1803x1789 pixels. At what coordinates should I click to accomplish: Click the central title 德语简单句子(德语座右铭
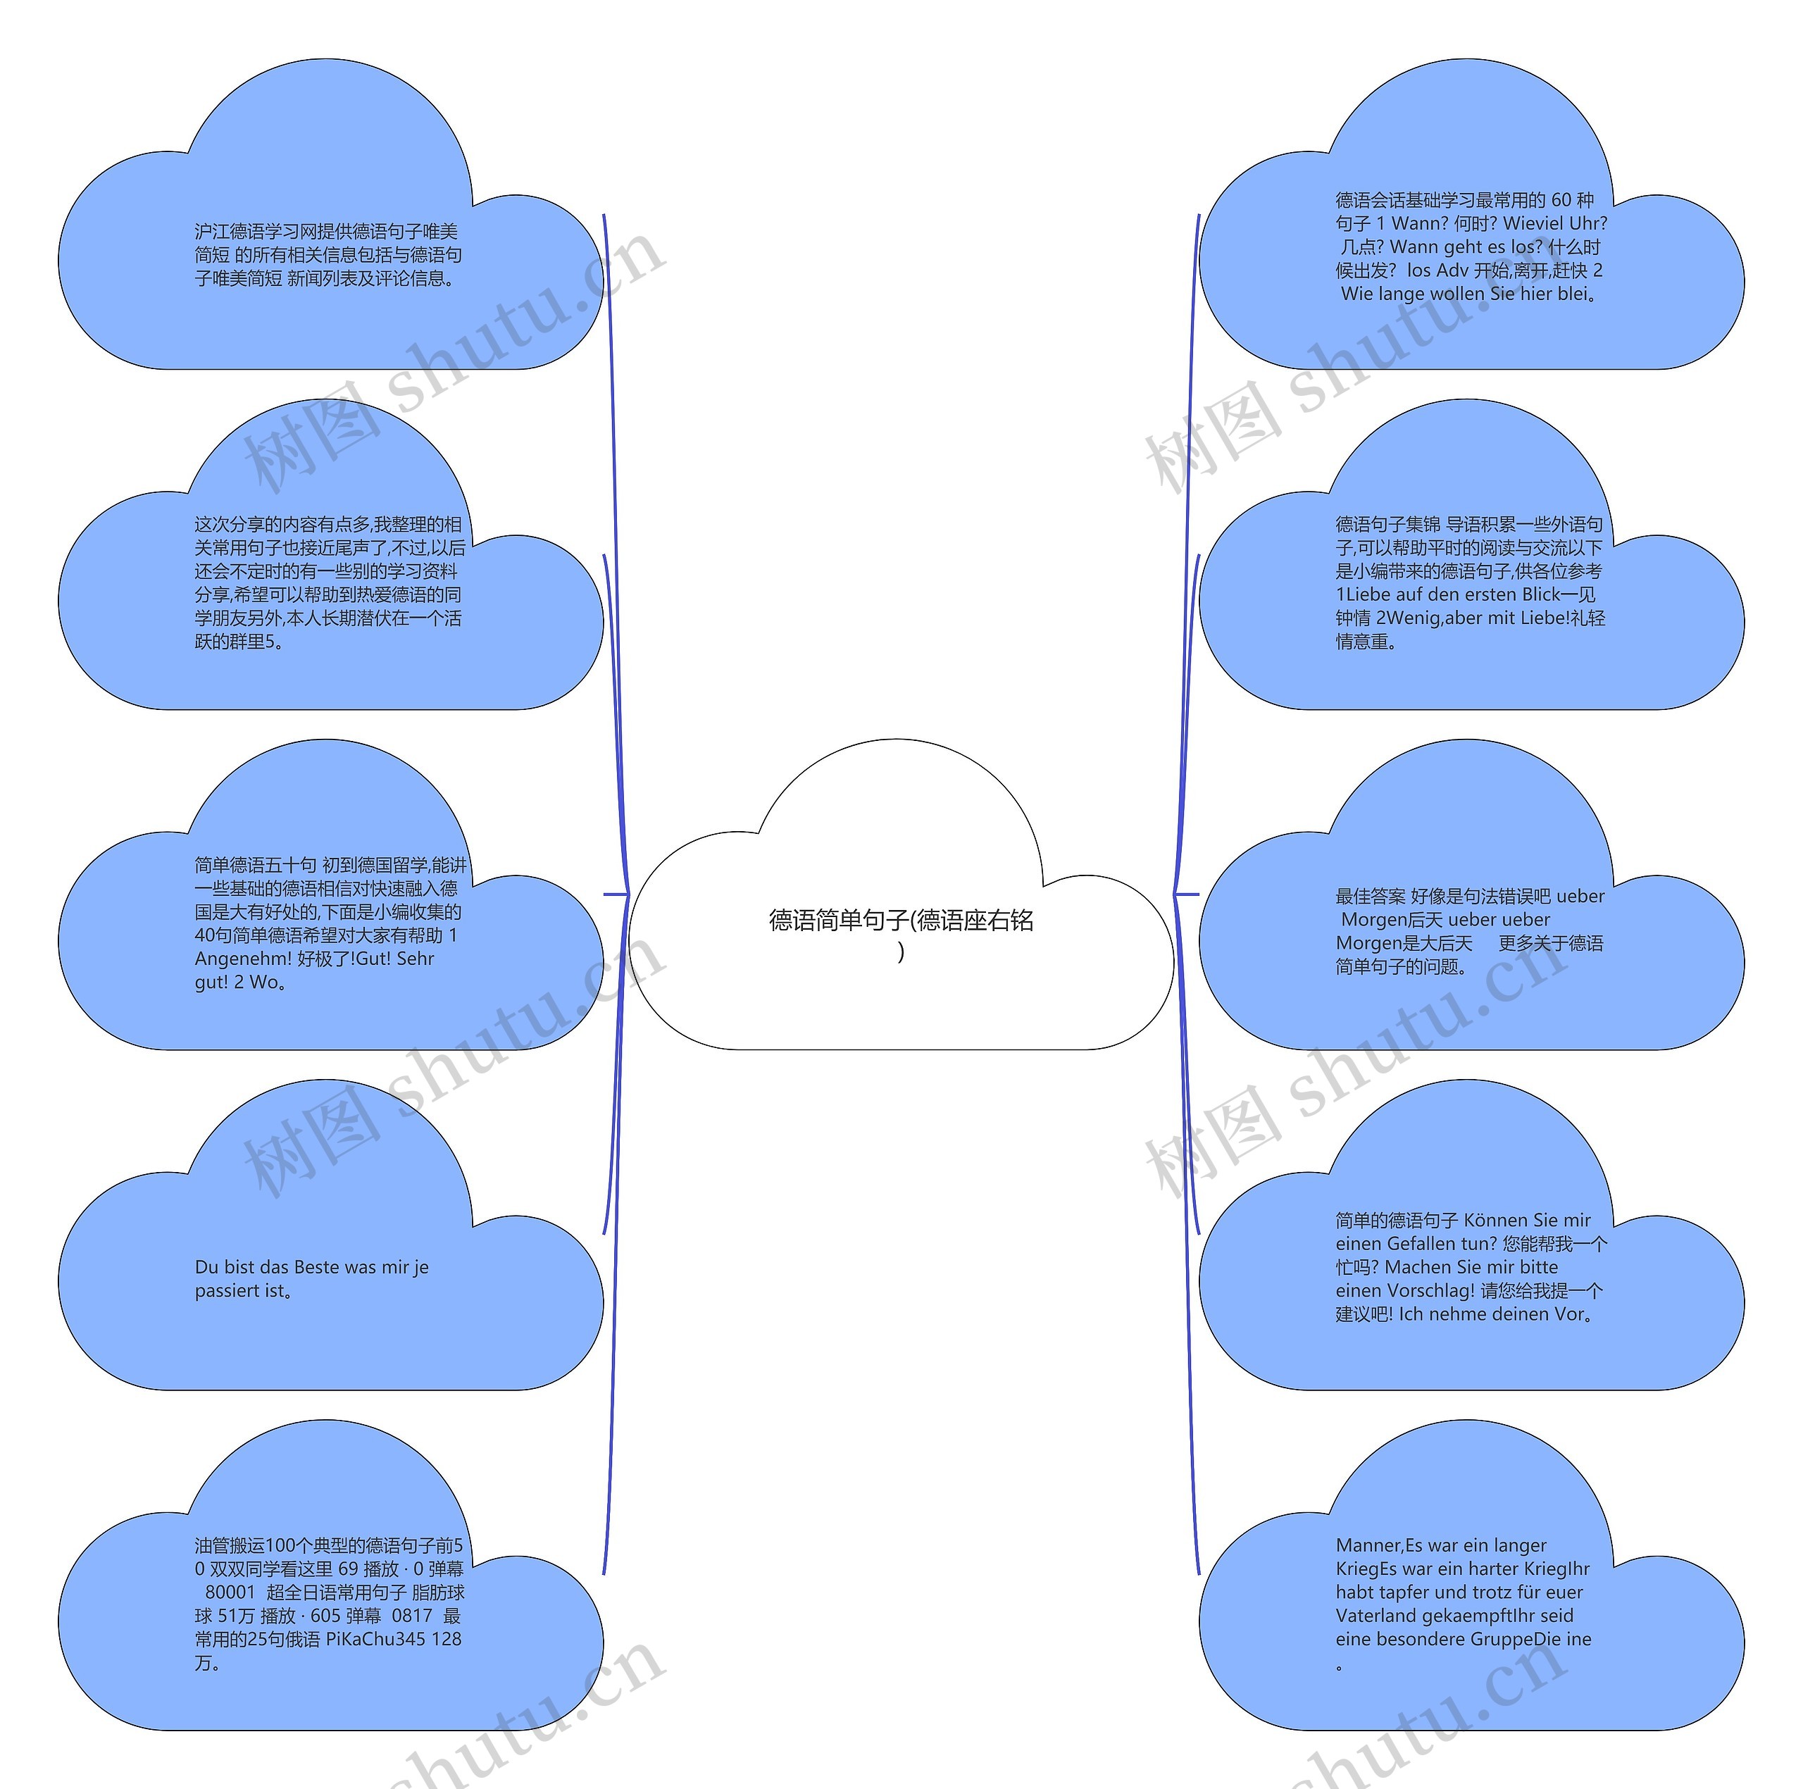(x=901, y=921)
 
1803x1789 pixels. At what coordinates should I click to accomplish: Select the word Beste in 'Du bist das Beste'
(x=316, y=1267)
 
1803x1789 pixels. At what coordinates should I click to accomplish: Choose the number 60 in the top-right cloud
(x=1562, y=201)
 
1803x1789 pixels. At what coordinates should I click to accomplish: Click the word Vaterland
(x=1375, y=1616)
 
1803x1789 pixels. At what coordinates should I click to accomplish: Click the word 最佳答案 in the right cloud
(x=1370, y=897)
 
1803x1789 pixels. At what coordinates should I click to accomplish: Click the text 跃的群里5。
(x=239, y=642)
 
